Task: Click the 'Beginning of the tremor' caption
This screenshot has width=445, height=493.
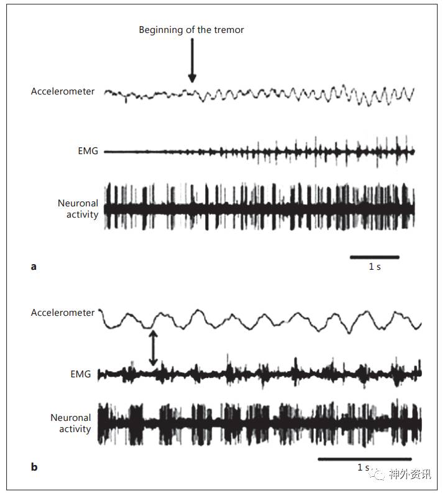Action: point(192,30)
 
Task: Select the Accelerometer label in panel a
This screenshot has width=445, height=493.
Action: point(63,91)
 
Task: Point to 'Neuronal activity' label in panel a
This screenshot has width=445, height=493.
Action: point(78,209)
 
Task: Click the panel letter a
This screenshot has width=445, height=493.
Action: point(34,267)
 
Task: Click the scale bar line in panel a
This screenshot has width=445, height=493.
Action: point(374,256)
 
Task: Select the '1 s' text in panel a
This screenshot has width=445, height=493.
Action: point(375,267)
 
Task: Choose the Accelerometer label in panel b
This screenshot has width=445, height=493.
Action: point(63,313)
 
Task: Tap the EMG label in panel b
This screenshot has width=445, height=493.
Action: point(80,374)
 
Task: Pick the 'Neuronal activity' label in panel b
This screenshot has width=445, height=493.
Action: point(71,423)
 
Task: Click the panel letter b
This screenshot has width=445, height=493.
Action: point(34,467)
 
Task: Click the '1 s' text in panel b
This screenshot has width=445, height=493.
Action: point(363,468)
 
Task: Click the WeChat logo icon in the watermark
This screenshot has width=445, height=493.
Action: point(378,474)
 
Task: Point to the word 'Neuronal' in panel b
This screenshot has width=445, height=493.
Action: point(71,418)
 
